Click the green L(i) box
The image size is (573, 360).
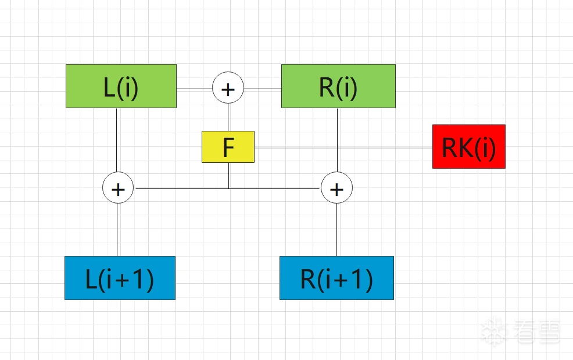[x=121, y=86]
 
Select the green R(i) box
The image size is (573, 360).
[x=338, y=86]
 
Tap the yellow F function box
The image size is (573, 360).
[x=228, y=147]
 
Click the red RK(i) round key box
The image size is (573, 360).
[x=468, y=147]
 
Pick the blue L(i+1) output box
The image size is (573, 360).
[x=120, y=278]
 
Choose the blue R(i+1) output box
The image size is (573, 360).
[x=336, y=278]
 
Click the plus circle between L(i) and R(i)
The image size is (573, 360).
[x=228, y=88]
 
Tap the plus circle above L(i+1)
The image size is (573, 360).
[x=118, y=189]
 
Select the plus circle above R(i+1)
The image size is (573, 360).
[x=336, y=189]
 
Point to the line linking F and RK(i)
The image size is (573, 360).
[x=343, y=147]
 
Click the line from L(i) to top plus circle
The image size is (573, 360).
[x=194, y=88]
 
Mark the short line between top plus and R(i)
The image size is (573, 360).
[x=263, y=88]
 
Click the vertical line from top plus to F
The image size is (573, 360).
[x=228, y=117]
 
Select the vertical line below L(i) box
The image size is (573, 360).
[x=117, y=140]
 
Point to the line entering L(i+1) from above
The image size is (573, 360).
[x=117, y=230]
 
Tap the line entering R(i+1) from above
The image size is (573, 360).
[x=336, y=230]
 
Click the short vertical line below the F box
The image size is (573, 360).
[x=228, y=175]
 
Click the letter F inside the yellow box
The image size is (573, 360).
[x=228, y=148]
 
